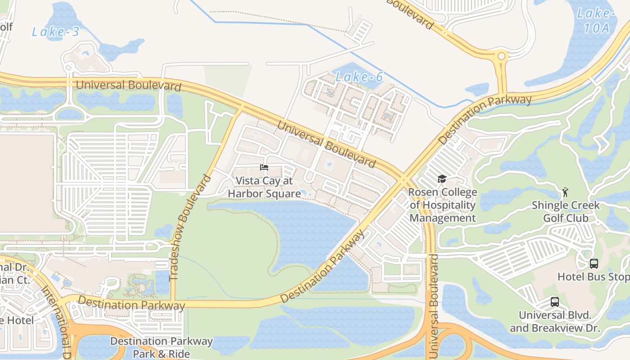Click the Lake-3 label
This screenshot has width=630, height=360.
tap(56, 31)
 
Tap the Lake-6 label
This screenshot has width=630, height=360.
tap(359, 77)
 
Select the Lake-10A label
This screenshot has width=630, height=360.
tap(594, 20)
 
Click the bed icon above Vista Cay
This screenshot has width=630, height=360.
tap(264, 167)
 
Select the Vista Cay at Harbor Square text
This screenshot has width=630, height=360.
tap(264, 187)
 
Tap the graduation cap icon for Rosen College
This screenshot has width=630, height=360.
tap(442, 179)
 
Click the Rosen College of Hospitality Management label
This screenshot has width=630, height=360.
tap(442, 205)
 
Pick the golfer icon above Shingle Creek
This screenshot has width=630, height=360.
tap(565, 193)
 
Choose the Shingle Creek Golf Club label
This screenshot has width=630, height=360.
tap(565, 211)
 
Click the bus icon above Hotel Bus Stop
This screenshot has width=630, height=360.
tap(594, 264)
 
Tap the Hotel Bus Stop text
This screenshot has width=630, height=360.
tap(593, 276)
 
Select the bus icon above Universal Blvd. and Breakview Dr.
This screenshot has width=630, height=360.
tap(554, 302)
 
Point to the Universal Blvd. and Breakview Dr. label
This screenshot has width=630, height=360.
tap(554, 321)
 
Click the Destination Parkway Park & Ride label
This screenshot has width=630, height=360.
tap(161, 347)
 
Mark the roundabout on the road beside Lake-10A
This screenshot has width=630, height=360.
tap(500, 57)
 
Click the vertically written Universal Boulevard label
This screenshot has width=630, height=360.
tap(434, 306)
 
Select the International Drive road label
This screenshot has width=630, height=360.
tap(56, 315)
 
